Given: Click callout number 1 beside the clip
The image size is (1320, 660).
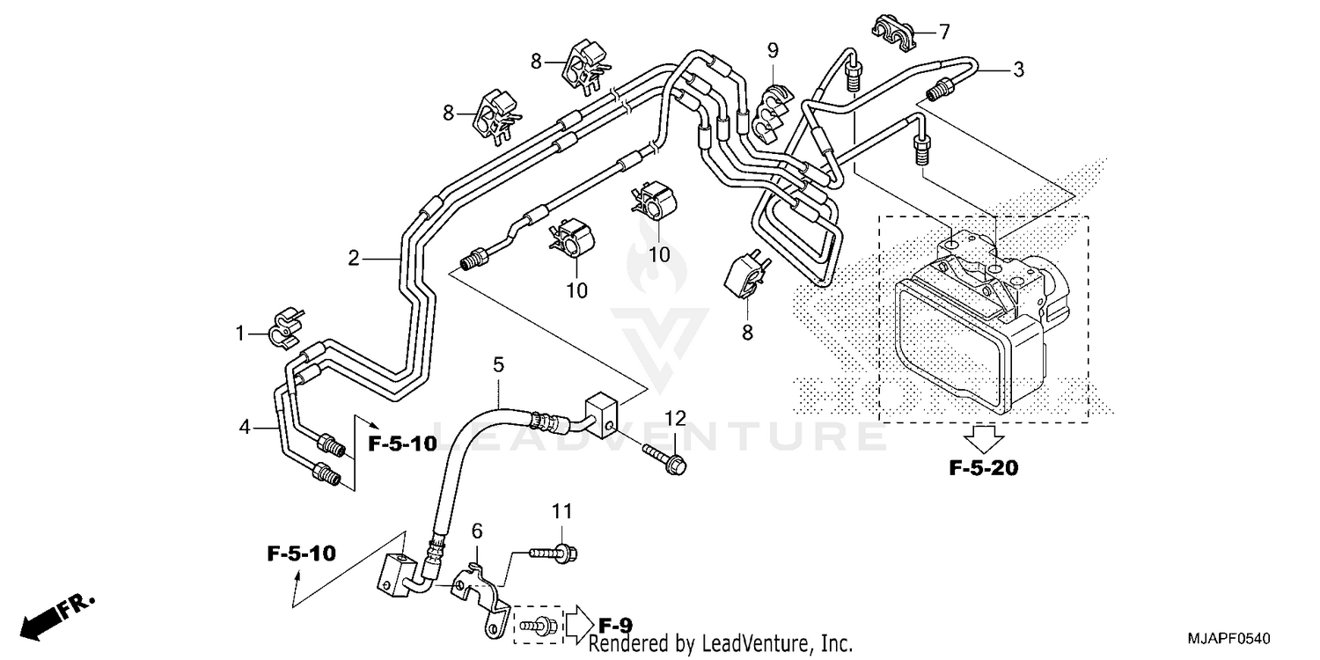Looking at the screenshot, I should (x=238, y=334).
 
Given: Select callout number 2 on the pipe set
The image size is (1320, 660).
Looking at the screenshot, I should (x=354, y=259).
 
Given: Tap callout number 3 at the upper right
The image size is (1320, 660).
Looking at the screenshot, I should (x=1018, y=70).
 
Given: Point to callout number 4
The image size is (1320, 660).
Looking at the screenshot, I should (x=246, y=428).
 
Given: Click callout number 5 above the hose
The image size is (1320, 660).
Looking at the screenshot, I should (x=498, y=363).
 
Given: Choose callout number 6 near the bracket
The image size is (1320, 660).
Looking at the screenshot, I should (x=477, y=531).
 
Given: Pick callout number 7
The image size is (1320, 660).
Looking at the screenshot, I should (x=944, y=33).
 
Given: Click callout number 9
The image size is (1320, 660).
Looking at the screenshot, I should (x=772, y=49).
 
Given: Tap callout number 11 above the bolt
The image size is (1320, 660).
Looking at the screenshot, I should (x=562, y=511).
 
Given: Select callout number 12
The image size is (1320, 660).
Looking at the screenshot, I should (x=674, y=417).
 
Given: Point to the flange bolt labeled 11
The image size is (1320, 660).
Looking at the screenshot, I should (x=554, y=554).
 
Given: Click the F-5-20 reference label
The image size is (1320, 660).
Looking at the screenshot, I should (x=983, y=468).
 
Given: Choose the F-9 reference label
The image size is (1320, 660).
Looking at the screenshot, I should (x=615, y=626).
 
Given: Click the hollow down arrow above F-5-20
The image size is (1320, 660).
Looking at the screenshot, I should (x=984, y=436).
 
